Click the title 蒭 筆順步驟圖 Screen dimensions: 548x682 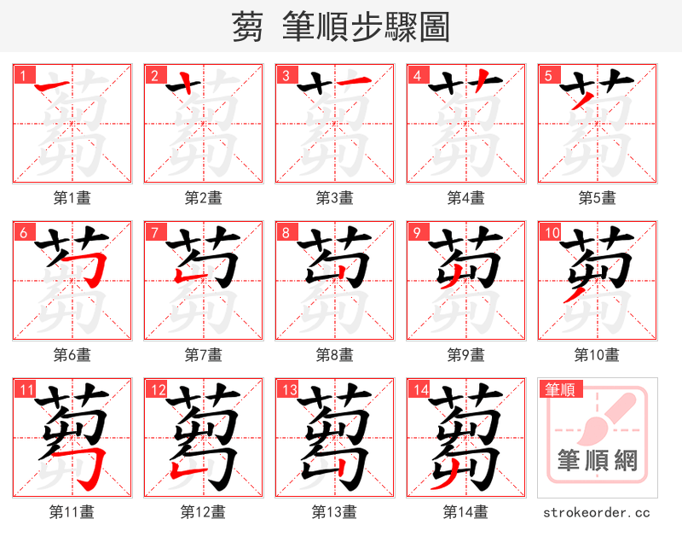click(x=340, y=27)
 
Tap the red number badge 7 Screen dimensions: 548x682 click(x=154, y=232)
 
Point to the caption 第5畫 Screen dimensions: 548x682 click(x=597, y=198)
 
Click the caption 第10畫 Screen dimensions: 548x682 click(x=597, y=354)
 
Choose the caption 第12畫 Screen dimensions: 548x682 click(x=203, y=512)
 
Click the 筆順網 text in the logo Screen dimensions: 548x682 click(x=598, y=461)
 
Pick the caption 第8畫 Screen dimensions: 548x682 click(x=334, y=354)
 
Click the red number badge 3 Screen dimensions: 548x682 click(x=286, y=75)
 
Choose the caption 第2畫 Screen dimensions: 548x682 click(x=203, y=198)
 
